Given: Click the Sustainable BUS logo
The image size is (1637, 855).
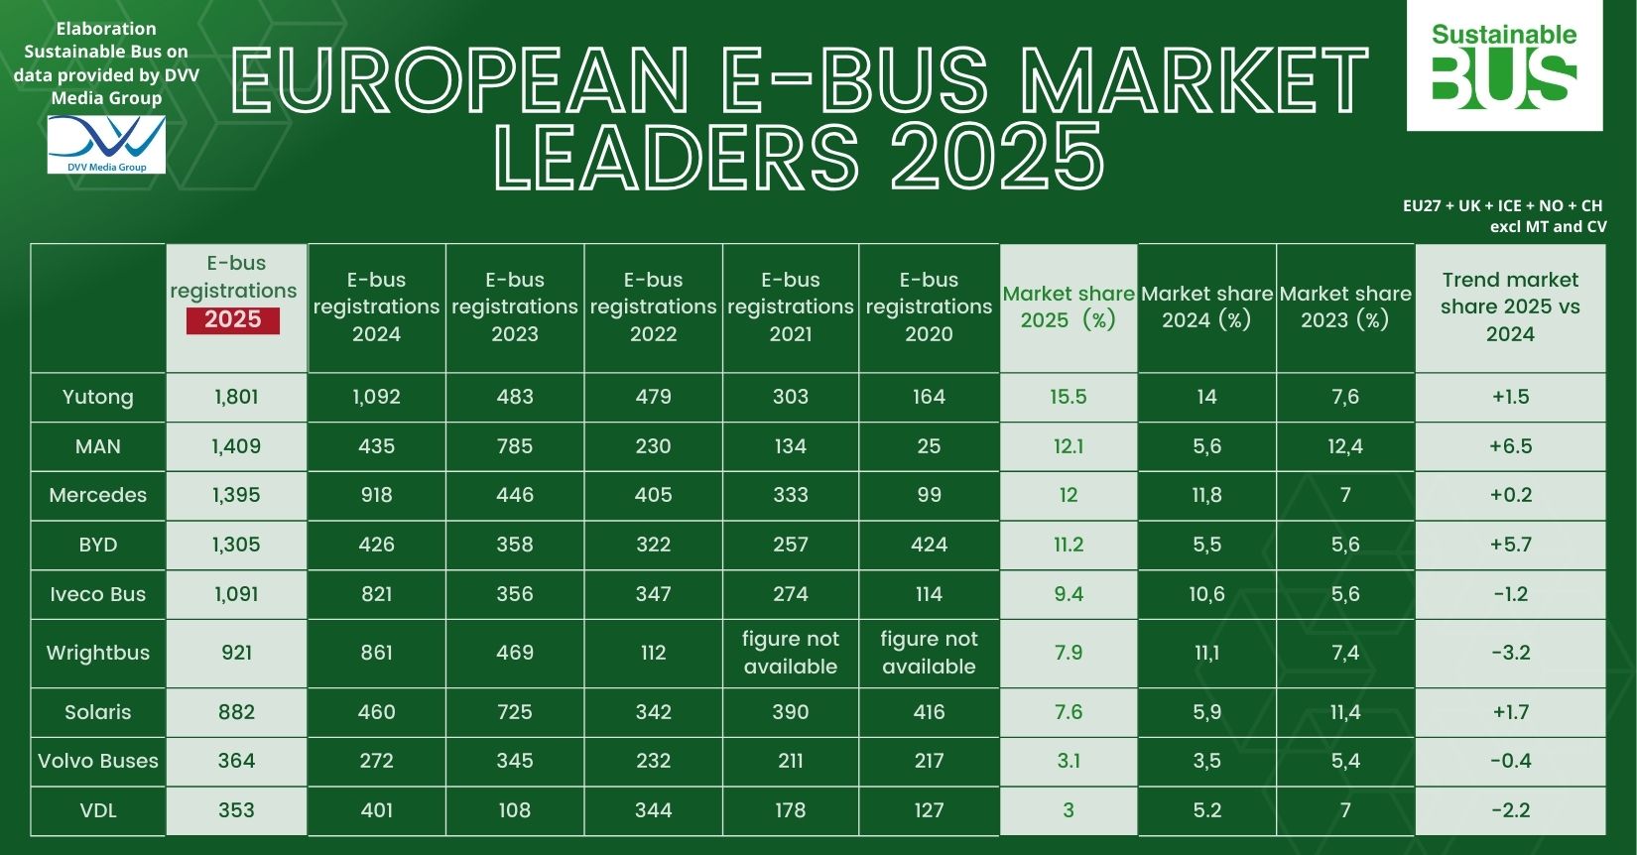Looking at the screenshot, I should (x=1504, y=65).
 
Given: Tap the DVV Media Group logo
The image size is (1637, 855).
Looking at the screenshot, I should (x=106, y=145).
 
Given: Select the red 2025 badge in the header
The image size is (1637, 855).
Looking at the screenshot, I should (x=233, y=320).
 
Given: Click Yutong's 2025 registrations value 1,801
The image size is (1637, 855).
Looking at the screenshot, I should (x=236, y=397).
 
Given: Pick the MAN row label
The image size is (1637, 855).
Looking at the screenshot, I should (x=97, y=446).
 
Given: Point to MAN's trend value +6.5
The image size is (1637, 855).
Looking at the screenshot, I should (x=1510, y=446).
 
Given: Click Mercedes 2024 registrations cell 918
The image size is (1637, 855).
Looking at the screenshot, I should (x=376, y=495).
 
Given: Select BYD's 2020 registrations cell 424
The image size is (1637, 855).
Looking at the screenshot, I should (x=929, y=545).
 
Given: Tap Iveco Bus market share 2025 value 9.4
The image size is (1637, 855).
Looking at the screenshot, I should (x=1068, y=594).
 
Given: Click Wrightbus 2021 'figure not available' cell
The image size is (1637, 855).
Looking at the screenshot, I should (x=791, y=653).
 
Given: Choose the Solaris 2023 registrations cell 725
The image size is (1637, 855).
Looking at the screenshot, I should (x=514, y=712).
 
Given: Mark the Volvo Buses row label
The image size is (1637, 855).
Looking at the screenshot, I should (x=97, y=761).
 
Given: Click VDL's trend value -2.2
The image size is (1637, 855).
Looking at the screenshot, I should (x=1510, y=810).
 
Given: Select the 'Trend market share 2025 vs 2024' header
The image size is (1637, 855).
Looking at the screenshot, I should (x=1510, y=306).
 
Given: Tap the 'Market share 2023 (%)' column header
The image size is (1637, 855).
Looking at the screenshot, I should (x=1344, y=306).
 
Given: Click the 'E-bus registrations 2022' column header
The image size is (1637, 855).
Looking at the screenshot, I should (x=653, y=306).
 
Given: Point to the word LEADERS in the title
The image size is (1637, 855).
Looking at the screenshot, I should (x=678, y=157).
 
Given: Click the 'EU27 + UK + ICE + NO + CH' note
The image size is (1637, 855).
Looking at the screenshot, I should (x=1502, y=205).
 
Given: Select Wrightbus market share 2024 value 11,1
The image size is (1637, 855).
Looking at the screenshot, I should (x=1206, y=653).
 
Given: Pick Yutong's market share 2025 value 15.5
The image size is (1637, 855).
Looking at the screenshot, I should (x=1068, y=397).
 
